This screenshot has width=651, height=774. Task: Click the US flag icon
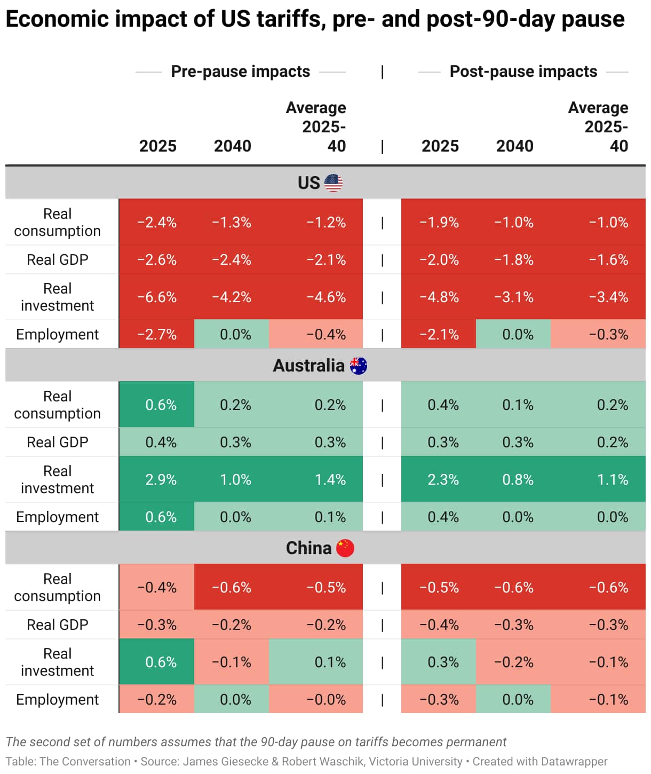coord(334,183)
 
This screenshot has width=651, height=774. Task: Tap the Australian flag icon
coord(358,366)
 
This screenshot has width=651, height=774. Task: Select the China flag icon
coord(345,548)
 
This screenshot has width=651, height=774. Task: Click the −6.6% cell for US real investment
coord(157,297)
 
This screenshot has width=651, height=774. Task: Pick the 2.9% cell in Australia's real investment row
coord(161,479)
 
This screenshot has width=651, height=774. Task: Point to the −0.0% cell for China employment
coord(326,699)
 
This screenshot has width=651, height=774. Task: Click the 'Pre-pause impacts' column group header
coord(240,72)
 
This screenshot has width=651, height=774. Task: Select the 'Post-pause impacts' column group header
coord(523,72)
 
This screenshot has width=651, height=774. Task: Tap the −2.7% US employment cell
coord(157,335)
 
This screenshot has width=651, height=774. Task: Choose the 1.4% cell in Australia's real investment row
coord(330,479)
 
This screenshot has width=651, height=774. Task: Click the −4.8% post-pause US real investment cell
coord(439,297)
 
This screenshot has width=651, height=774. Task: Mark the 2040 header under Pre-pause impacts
coord(232,146)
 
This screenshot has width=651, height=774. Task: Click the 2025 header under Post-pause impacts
coord(440,146)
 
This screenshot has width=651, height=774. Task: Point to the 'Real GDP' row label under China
coord(58,625)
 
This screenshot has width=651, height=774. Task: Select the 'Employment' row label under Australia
coord(58,517)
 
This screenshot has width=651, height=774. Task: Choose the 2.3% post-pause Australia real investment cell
coord(443,479)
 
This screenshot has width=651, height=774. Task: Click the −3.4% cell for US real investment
coord(608,297)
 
